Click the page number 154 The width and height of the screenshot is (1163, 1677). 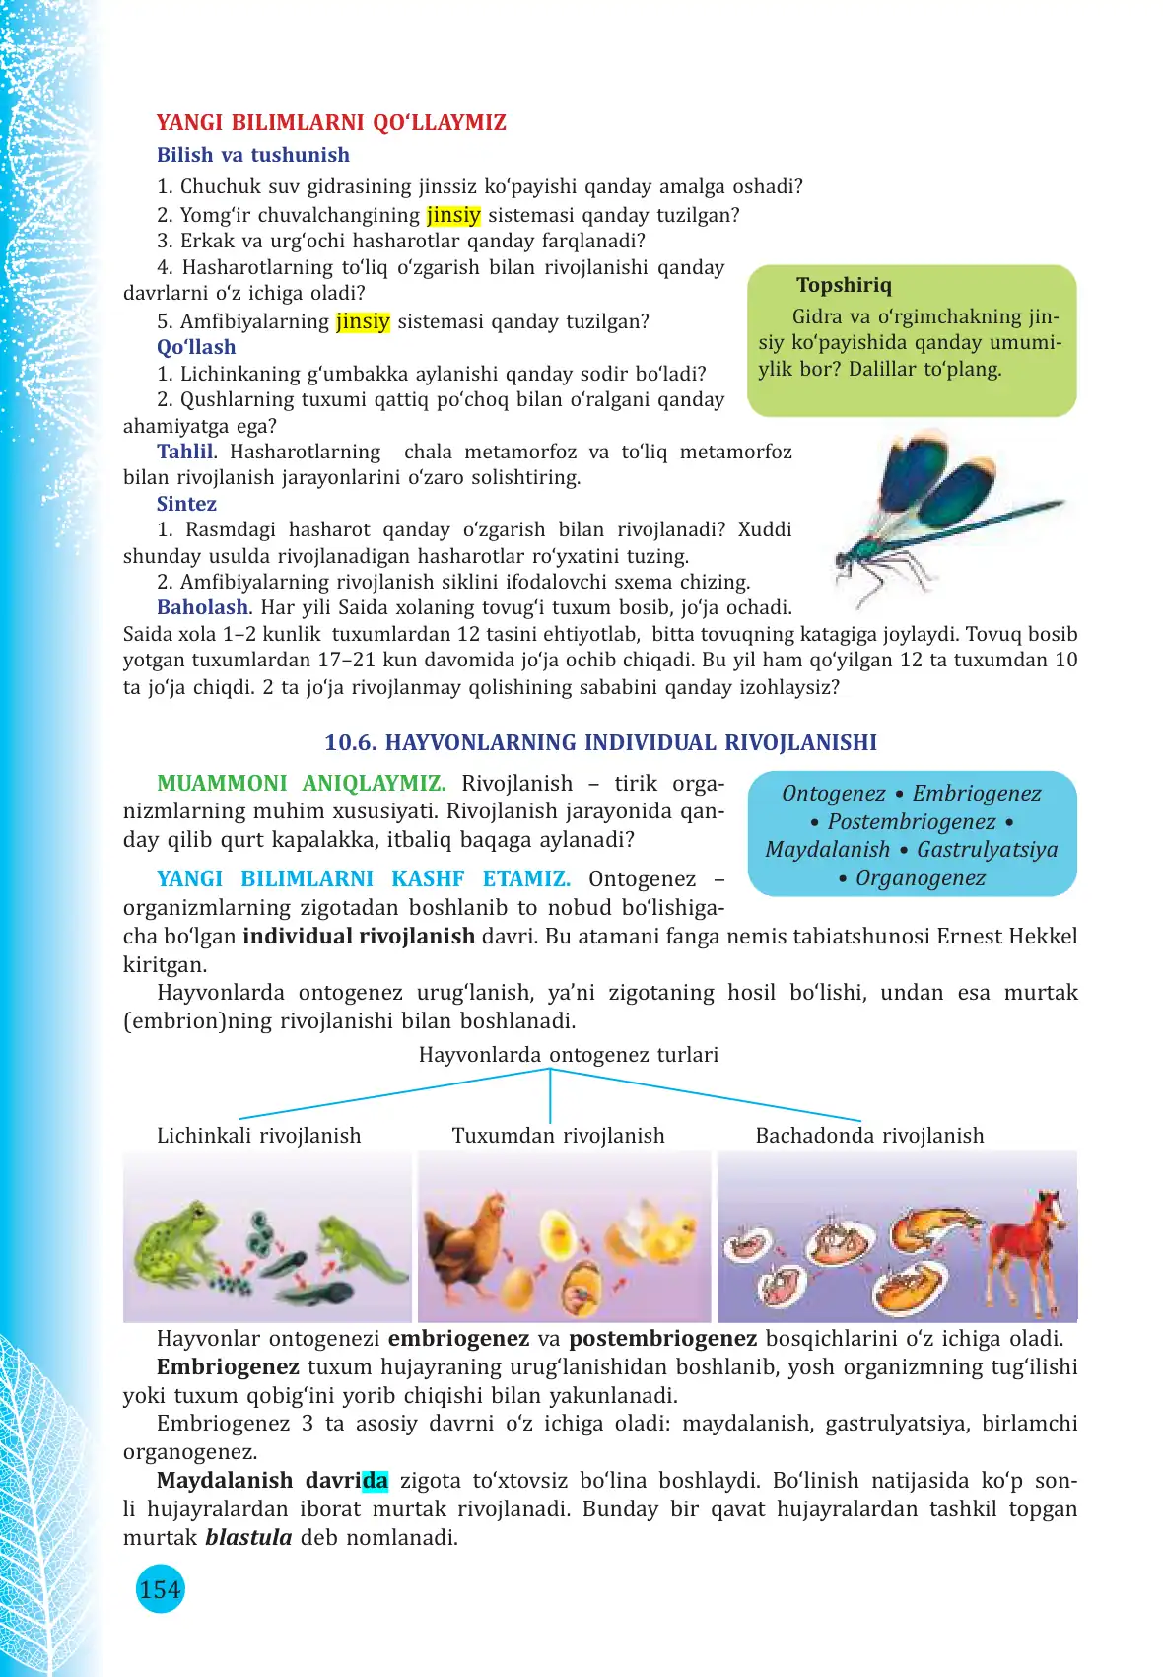[160, 1589]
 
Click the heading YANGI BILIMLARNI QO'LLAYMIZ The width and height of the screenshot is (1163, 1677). [331, 123]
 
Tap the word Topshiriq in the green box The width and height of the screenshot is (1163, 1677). [844, 285]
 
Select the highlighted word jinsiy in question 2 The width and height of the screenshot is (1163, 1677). [453, 215]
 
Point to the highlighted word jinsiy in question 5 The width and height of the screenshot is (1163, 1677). [363, 321]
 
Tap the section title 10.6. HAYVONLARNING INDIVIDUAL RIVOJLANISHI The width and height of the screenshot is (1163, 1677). [600, 742]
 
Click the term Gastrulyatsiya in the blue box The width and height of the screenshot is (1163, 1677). [987, 850]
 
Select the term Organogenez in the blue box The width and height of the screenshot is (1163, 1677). [920, 878]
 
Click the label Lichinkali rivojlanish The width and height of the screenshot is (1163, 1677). [258, 1136]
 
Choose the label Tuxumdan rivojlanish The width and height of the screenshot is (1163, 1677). [558, 1136]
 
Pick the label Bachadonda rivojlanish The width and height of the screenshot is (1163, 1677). [869, 1136]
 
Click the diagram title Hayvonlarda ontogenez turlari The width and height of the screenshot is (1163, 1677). [569, 1055]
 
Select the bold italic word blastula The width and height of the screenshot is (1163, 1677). [248, 1537]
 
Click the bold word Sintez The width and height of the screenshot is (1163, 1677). [186, 504]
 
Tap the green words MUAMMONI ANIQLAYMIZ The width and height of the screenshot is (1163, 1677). [301, 784]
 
